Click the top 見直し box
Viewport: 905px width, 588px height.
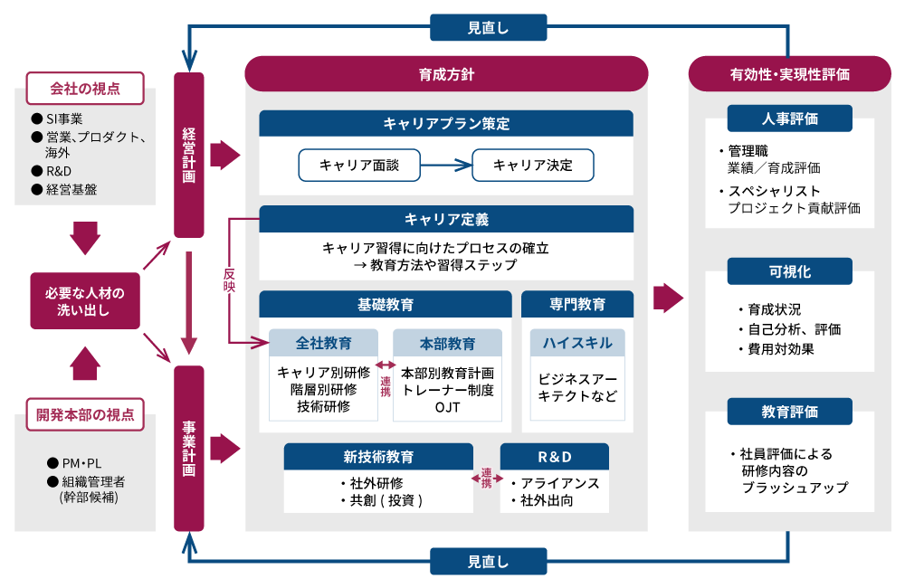(x=488, y=27)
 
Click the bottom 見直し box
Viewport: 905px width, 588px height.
(x=488, y=562)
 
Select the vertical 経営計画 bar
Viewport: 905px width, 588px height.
(x=188, y=155)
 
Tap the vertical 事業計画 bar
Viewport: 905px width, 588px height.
(x=188, y=447)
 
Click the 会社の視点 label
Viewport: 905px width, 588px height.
(x=85, y=89)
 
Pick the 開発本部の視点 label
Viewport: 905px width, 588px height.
(x=85, y=414)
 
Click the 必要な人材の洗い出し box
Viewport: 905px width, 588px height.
(x=85, y=300)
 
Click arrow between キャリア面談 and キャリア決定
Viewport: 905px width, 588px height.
(x=446, y=166)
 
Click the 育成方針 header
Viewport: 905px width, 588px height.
(x=446, y=74)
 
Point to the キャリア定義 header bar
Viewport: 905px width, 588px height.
(x=446, y=219)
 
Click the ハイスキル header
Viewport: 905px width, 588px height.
(x=577, y=343)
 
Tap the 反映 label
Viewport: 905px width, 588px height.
(x=229, y=279)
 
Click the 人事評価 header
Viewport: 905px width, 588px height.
(x=789, y=119)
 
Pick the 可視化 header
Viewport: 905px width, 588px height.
(x=789, y=271)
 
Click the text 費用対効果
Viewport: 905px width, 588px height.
(x=776, y=348)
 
